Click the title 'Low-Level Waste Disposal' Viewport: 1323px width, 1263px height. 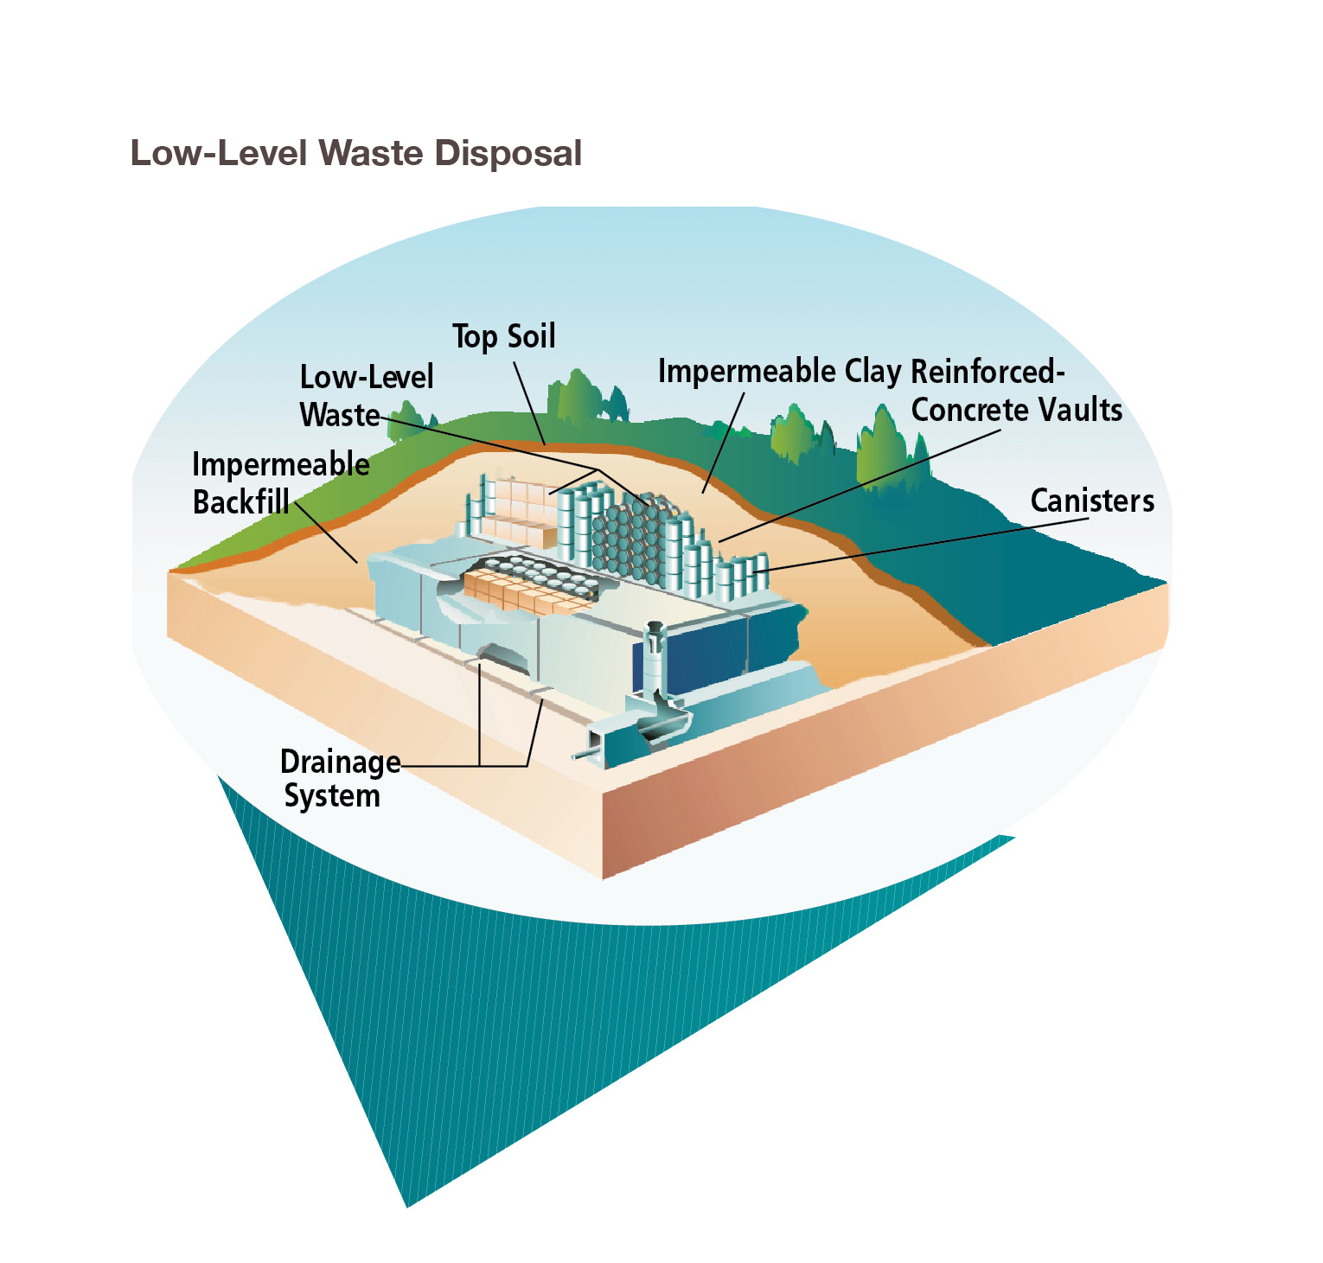point(355,153)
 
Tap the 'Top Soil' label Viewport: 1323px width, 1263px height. point(503,336)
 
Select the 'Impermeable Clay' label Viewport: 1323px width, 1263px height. point(779,371)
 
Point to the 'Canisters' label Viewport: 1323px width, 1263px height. point(1091,501)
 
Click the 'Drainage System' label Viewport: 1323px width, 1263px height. point(337,778)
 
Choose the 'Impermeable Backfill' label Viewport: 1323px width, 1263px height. point(278,483)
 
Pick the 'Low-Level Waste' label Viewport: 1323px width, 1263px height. point(365,395)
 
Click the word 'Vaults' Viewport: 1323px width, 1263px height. point(1080,410)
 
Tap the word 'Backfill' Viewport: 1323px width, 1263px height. point(240,502)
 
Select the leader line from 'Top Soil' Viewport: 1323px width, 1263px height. point(529,402)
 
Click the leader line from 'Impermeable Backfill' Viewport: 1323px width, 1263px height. point(326,533)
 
